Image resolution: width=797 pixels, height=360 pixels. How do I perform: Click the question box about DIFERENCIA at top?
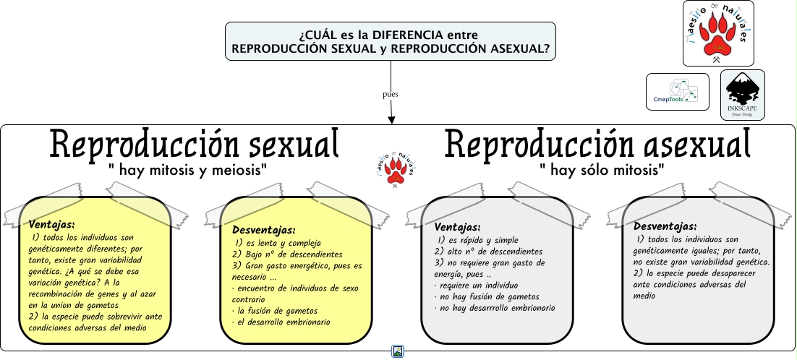click(x=390, y=40)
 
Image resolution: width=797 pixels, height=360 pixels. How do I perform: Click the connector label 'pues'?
click(x=391, y=94)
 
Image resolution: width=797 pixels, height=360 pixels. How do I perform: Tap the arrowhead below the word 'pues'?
click(x=391, y=119)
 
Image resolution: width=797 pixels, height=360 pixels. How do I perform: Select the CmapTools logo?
click(x=677, y=92)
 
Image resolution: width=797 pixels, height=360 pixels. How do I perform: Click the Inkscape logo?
click(x=742, y=95)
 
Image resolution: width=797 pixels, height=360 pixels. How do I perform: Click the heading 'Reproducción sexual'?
click(x=195, y=144)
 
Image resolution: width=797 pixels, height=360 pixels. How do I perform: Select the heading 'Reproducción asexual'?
click(x=597, y=144)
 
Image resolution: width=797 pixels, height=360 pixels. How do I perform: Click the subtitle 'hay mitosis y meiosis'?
click(x=188, y=171)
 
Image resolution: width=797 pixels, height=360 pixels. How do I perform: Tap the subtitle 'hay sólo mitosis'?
click(x=602, y=171)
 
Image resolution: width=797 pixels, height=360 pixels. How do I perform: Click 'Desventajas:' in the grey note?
click(x=665, y=226)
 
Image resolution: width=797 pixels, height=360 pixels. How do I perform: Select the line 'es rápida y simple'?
click(x=478, y=240)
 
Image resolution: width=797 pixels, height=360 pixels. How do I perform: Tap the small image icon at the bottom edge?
click(x=398, y=352)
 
